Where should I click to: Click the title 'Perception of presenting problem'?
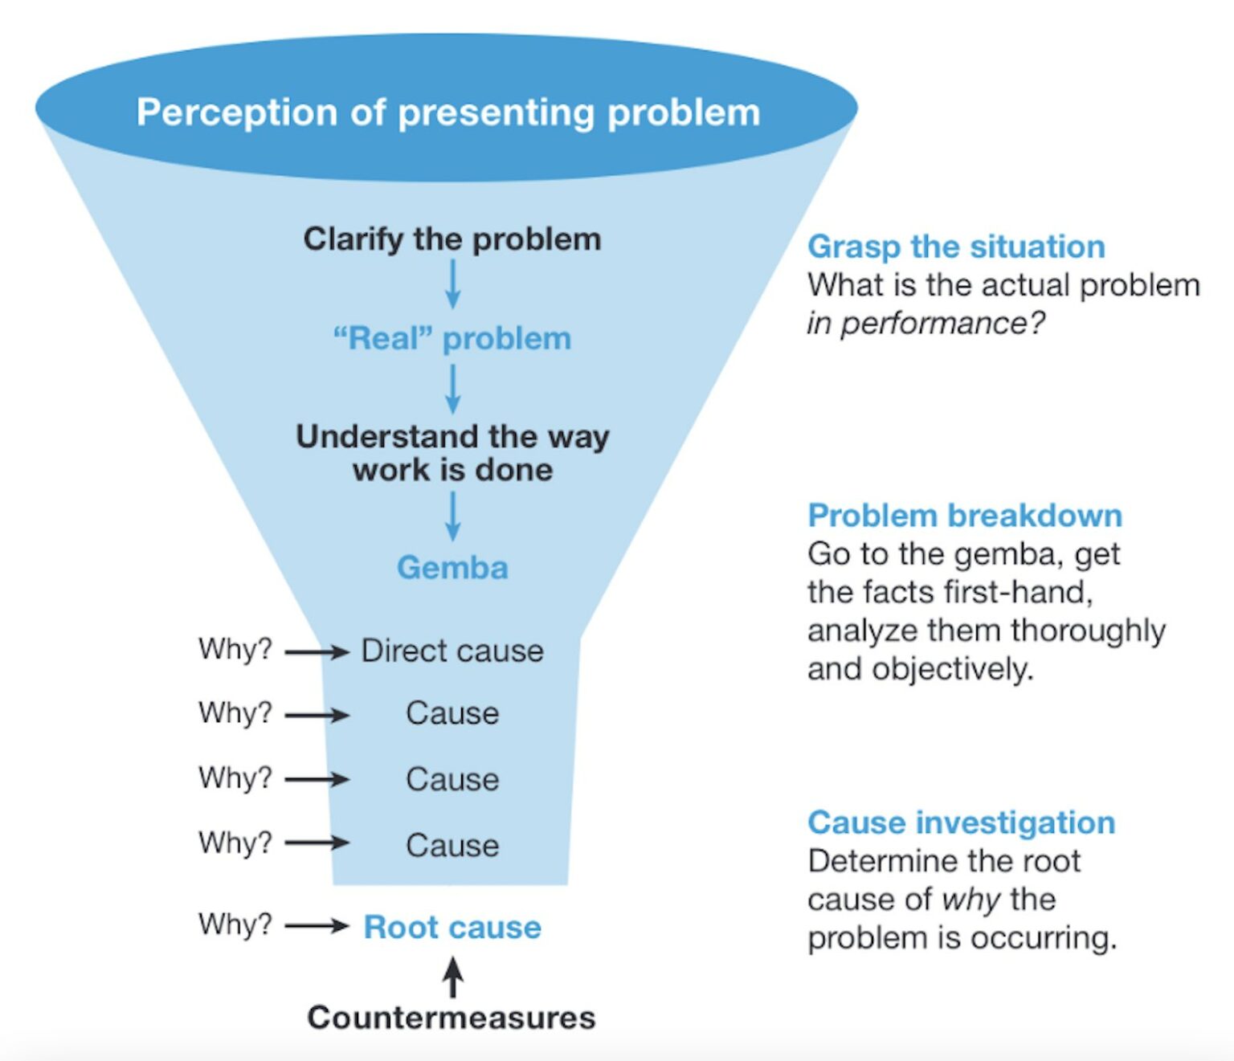(447, 112)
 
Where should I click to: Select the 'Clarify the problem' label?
(452, 239)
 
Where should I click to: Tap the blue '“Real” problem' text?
(452, 339)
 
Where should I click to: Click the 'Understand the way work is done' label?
(452, 453)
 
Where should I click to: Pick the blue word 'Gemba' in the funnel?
(452, 568)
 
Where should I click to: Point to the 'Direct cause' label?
(452, 651)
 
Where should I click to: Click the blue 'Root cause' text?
(452, 927)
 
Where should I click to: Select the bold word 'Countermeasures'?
(452, 1018)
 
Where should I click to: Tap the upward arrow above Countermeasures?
(453, 977)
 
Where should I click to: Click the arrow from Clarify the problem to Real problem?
(453, 284)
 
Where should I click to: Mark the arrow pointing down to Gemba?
(453, 516)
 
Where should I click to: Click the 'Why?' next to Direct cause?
(235, 649)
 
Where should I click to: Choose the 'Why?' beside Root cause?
(235, 924)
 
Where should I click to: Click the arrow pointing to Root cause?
(317, 926)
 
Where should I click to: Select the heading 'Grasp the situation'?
(956, 247)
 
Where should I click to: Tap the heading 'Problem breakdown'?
(964, 516)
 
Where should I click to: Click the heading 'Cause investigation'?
(961, 822)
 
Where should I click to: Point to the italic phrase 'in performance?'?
(925, 324)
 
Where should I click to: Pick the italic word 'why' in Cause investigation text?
(971, 900)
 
